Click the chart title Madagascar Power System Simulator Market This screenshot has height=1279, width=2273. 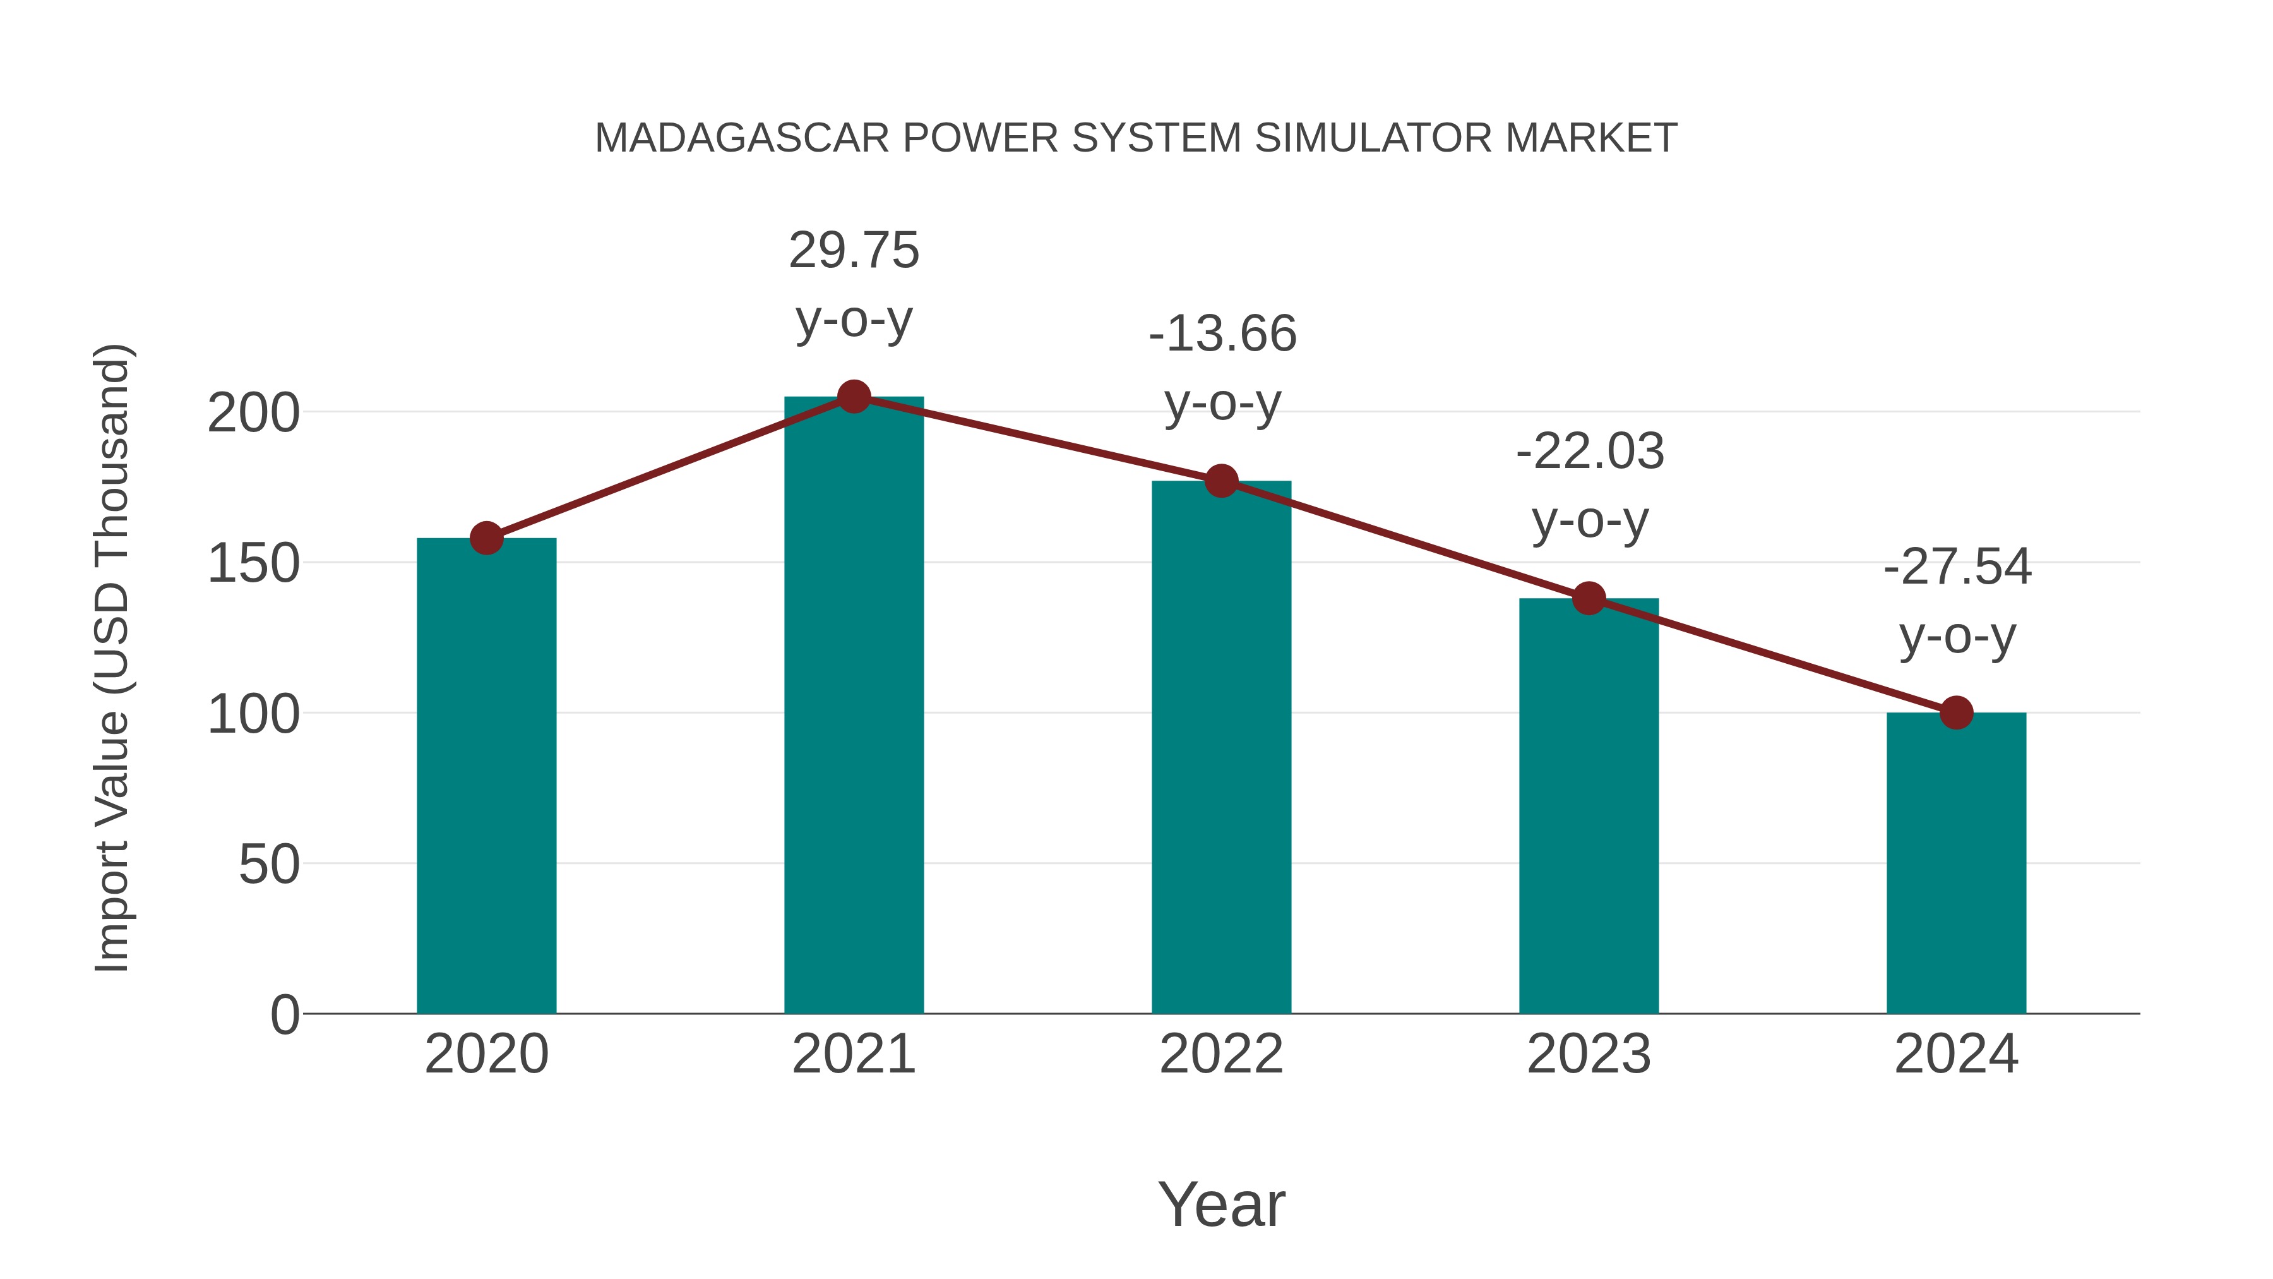click(x=1136, y=138)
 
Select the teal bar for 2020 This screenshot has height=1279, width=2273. click(x=486, y=777)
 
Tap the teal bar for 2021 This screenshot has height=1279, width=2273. click(x=853, y=706)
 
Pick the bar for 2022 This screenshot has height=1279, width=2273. click(x=1221, y=750)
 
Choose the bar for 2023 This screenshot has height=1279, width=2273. click(x=1589, y=808)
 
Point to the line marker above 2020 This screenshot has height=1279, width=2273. click(x=486, y=537)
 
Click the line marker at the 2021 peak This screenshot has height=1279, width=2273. click(x=853, y=397)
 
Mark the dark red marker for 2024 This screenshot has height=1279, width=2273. click(x=1956, y=712)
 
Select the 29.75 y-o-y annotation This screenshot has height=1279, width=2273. click(x=853, y=284)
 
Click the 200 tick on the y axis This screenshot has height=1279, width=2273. click(x=253, y=413)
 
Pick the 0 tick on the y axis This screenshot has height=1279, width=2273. click(x=284, y=1015)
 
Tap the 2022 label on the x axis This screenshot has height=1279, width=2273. click(x=1221, y=1055)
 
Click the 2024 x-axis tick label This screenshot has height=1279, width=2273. click(x=1956, y=1055)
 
